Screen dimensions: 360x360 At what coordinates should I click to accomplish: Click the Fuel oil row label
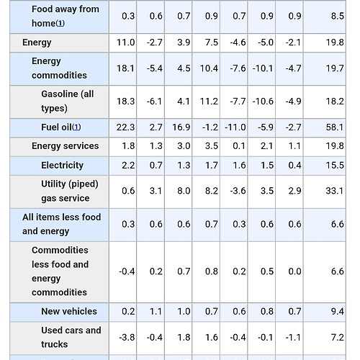point(56,127)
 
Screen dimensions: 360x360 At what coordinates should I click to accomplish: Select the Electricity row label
point(63,166)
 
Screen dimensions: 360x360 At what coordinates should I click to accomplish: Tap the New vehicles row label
point(69,312)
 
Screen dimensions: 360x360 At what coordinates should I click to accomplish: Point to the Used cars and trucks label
point(71,337)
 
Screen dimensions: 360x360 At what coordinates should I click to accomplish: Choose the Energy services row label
point(66,146)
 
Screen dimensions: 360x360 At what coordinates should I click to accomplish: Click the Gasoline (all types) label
point(68,101)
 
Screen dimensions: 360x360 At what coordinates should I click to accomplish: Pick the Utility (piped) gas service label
point(70,191)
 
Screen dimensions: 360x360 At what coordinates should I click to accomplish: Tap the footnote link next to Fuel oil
point(76,127)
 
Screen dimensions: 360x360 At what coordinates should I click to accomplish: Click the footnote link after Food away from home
point(60,24)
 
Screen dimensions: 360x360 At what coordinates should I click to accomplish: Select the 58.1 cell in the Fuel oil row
point(335,127)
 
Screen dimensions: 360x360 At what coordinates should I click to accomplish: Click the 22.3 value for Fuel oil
point(125,127)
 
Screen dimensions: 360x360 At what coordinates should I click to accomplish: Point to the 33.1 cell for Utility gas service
point(335,191)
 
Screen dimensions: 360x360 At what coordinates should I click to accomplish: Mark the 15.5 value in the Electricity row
point(335,166)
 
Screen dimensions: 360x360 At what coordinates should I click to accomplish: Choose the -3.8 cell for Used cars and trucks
point(127,338)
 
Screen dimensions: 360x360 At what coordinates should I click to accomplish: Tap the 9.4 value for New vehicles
point(338,312)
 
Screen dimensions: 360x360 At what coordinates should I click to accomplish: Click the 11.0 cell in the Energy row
point(125,42)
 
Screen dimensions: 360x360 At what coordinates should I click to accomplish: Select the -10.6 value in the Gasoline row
point(263,102)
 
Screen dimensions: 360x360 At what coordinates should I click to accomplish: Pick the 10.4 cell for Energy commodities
point(209,68)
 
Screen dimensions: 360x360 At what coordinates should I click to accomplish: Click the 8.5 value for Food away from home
point(338,16)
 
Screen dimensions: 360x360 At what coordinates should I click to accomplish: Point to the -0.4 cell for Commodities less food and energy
point(127,271)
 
